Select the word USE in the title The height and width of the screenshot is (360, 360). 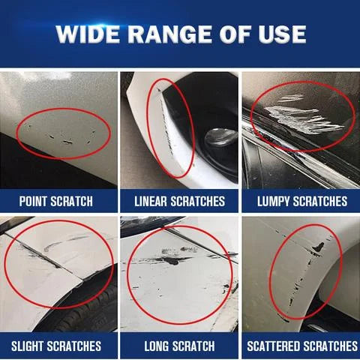[x=278, y=34]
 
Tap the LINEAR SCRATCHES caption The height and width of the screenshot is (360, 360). [x=179, y=201]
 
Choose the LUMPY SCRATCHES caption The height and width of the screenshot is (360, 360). [x=301, y=201]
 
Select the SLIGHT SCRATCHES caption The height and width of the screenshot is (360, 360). [x=56, y=346]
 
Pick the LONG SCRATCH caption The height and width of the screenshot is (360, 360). [x=179, y=346]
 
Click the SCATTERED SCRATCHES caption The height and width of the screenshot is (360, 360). [x=301, y=346]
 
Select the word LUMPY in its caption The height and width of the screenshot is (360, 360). [x=273, y=201]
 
